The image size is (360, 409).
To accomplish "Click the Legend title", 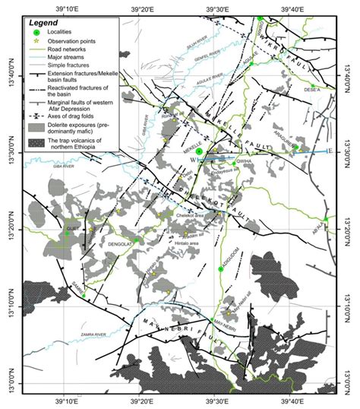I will point(48,24).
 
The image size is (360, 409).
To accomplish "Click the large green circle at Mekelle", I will point(198,152).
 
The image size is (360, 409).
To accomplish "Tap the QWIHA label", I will point(245,161).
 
